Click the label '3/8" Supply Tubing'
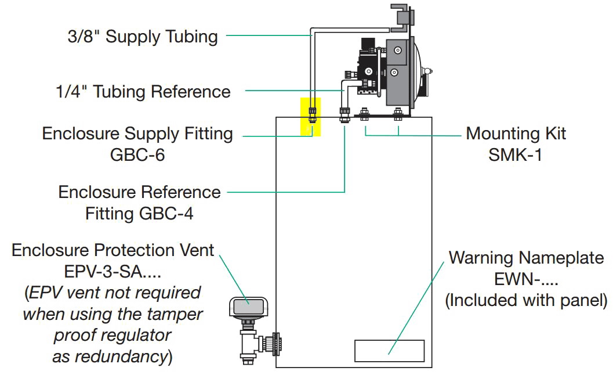[143, 38]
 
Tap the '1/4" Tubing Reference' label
[143, 92]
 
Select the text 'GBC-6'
[137, 155]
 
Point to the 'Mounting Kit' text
[516, 134]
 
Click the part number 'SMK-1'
[516, 155]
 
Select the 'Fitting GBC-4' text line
[139, 214]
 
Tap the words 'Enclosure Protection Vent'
[113, 250]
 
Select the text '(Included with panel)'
[526, 300]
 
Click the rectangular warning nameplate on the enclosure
[390, 351]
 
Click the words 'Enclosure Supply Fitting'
[137, 134]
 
